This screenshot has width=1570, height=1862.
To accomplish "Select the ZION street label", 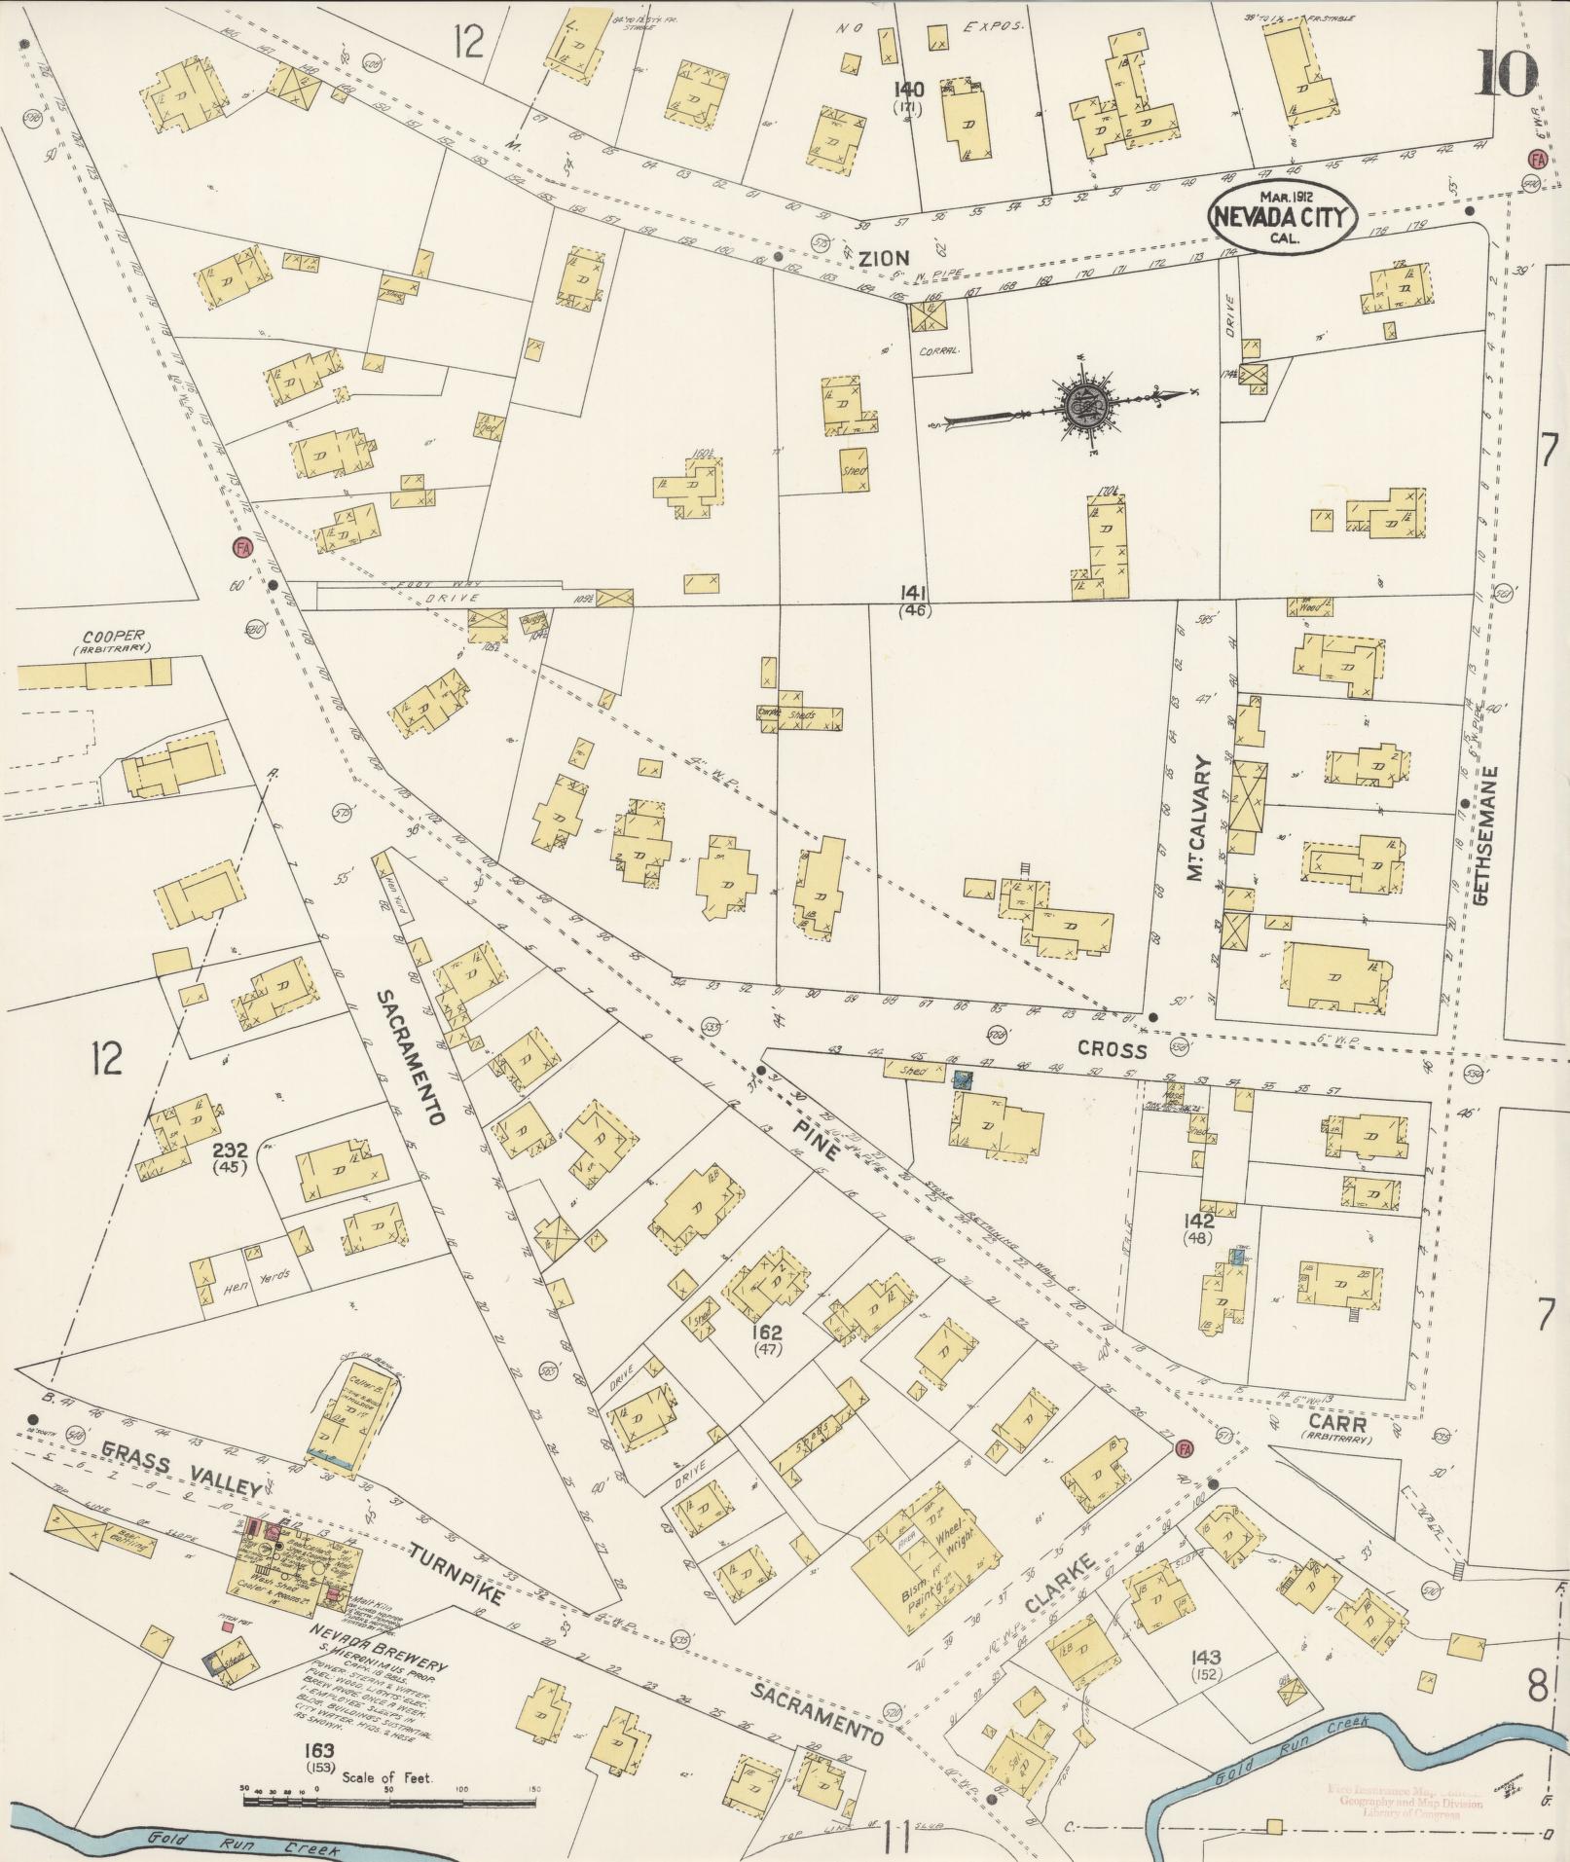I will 884,258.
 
